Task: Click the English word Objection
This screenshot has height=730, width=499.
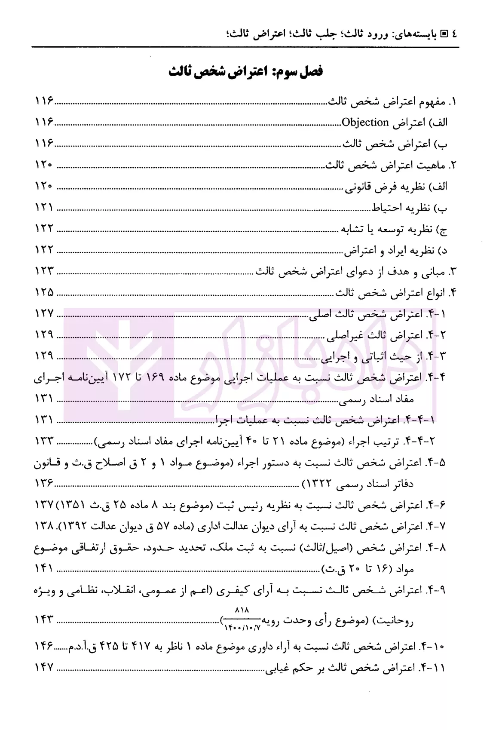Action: [x=365, y=123]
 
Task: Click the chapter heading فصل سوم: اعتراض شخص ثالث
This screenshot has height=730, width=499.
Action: [x=245, y=71]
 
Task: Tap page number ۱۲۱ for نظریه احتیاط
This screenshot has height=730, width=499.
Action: [x=44, y=208]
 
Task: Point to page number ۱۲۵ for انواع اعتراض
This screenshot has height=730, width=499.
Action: [x=44, y=293]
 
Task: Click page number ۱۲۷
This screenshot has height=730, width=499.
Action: [x=44, y=314]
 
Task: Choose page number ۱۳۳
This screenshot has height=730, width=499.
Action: [x=44, y=441]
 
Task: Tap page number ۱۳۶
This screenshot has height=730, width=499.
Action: [x=44, y=484]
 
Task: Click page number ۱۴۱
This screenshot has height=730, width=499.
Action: [x=44, y=569]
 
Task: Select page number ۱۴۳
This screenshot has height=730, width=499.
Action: [x=44, y=620]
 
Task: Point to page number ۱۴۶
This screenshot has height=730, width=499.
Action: [x=44, y=646]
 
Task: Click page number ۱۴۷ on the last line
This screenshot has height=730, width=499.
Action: [x=44, y=667]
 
